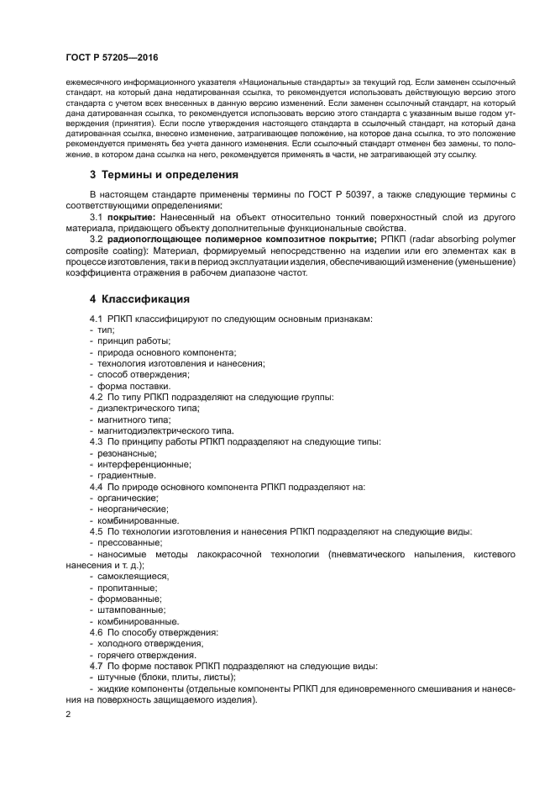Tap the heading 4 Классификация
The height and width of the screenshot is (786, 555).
[139, 298]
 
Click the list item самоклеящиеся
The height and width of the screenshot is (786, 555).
[133, 576]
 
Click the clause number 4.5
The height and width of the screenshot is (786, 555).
[97, 530]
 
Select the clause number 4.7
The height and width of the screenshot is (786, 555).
[97, 665]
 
